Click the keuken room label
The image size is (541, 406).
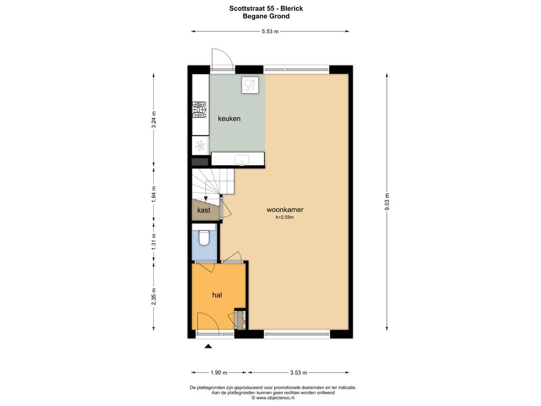tap(229, 119)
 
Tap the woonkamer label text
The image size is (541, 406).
tap(285, 209)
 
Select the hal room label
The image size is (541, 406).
tap(217, 295)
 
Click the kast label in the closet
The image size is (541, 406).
tap(203, 210)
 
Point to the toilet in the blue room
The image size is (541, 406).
tap(204, 237)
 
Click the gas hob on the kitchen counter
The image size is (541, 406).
tap(199, 110)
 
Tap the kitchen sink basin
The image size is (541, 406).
tap(242, 160)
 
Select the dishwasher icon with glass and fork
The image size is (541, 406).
tap(250, 85)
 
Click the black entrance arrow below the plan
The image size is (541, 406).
tap(208, 346)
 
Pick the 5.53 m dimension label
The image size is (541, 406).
tap(270, 31)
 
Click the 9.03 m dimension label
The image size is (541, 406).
tap(387, 202)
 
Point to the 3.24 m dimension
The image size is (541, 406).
tap(154, 119)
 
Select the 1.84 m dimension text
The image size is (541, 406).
tap(154, 195)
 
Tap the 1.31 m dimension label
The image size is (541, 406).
tap(154, 242)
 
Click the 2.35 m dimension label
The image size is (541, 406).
tap(154, 296)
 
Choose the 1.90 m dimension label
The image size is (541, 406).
tap(219, 373)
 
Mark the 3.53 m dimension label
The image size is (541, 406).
tap(299, 373)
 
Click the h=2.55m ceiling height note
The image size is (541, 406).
tap(285, 217)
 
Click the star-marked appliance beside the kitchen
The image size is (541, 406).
tap(200, 145)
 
